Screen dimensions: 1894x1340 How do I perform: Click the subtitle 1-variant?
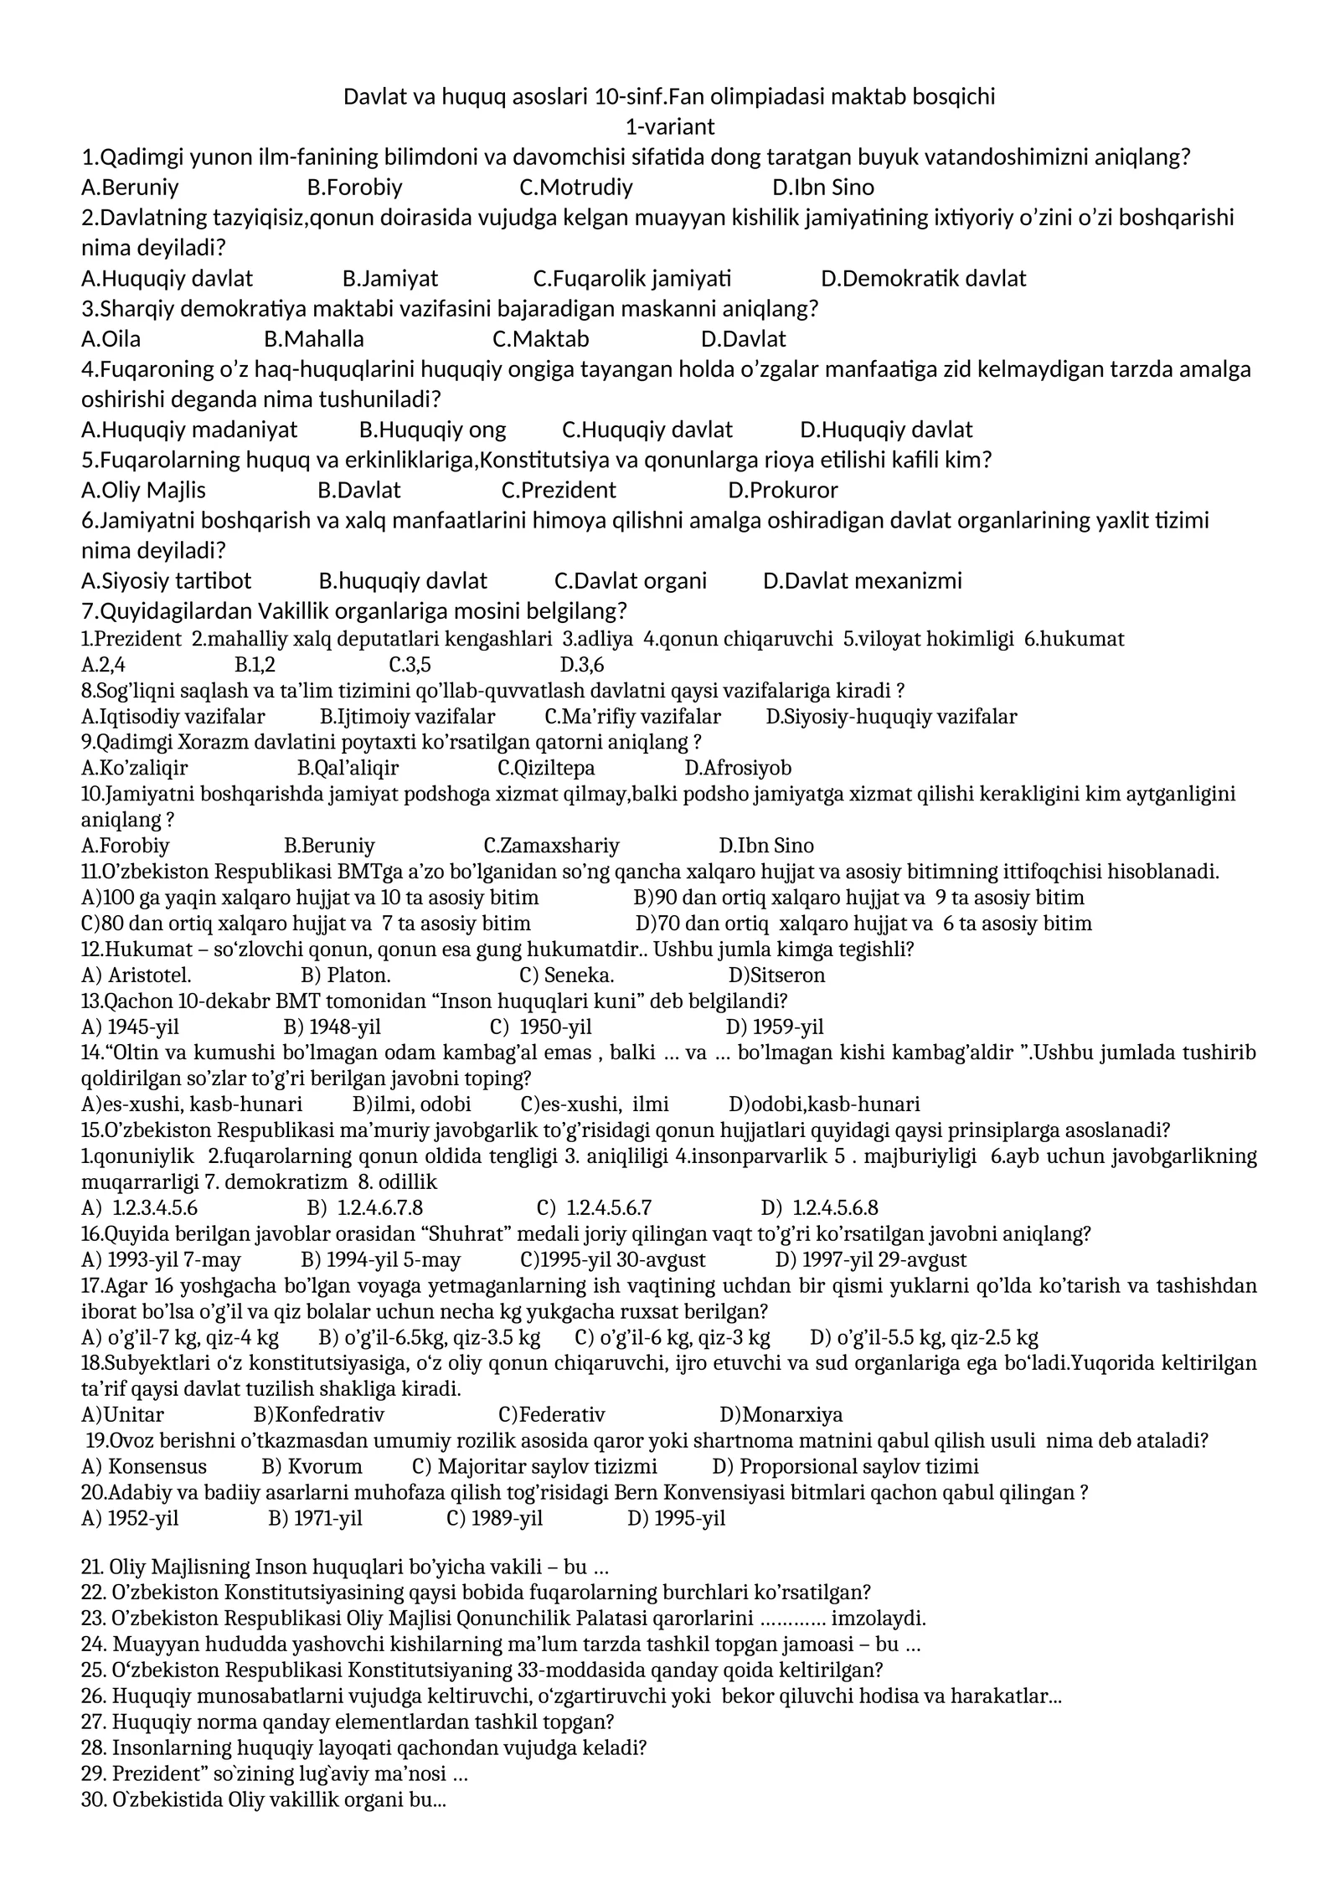click(x=669, y=127)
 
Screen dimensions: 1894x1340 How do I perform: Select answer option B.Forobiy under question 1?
click(x=354, y=188)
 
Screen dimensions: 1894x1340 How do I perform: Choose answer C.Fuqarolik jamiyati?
click(x=631, y=278)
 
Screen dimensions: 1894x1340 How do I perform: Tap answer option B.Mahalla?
click(x=313, y=339)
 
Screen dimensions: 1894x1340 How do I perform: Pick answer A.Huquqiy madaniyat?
click(x=189, y=430)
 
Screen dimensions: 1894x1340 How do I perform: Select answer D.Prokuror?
click(x=782, y=491)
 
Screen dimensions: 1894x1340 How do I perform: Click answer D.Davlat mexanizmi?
click(x=862, y=581)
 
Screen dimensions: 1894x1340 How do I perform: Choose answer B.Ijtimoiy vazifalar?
click(x=407, y=717)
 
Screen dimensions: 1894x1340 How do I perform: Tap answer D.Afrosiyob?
click(x=737, y=768)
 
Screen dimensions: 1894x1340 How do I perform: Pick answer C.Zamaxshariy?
click(x=551, y=846)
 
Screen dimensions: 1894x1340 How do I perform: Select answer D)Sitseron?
click(x=776, y=975)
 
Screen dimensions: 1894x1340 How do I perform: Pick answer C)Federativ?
click(x=551, y=1415)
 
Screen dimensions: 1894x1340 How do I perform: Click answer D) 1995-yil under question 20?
click(x=676, y=1519)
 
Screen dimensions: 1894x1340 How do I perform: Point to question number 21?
click(x=91, y=1567)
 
